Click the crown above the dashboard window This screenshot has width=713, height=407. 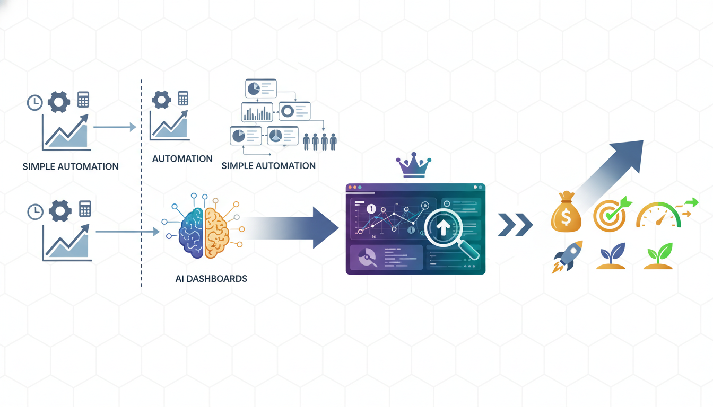point(413,165)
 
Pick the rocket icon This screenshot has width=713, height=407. point(567,256)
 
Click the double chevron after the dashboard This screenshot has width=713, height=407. point(515,225)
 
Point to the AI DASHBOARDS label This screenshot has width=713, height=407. point(211,278)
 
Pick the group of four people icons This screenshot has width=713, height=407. point(319,141)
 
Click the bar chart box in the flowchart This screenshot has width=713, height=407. point(257,112)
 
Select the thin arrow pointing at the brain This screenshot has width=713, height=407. point(127,232)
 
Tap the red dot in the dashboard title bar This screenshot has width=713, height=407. point(350,187)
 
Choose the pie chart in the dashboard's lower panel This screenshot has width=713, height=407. point(368,258)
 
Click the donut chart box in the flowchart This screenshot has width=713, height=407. point(294,111)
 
